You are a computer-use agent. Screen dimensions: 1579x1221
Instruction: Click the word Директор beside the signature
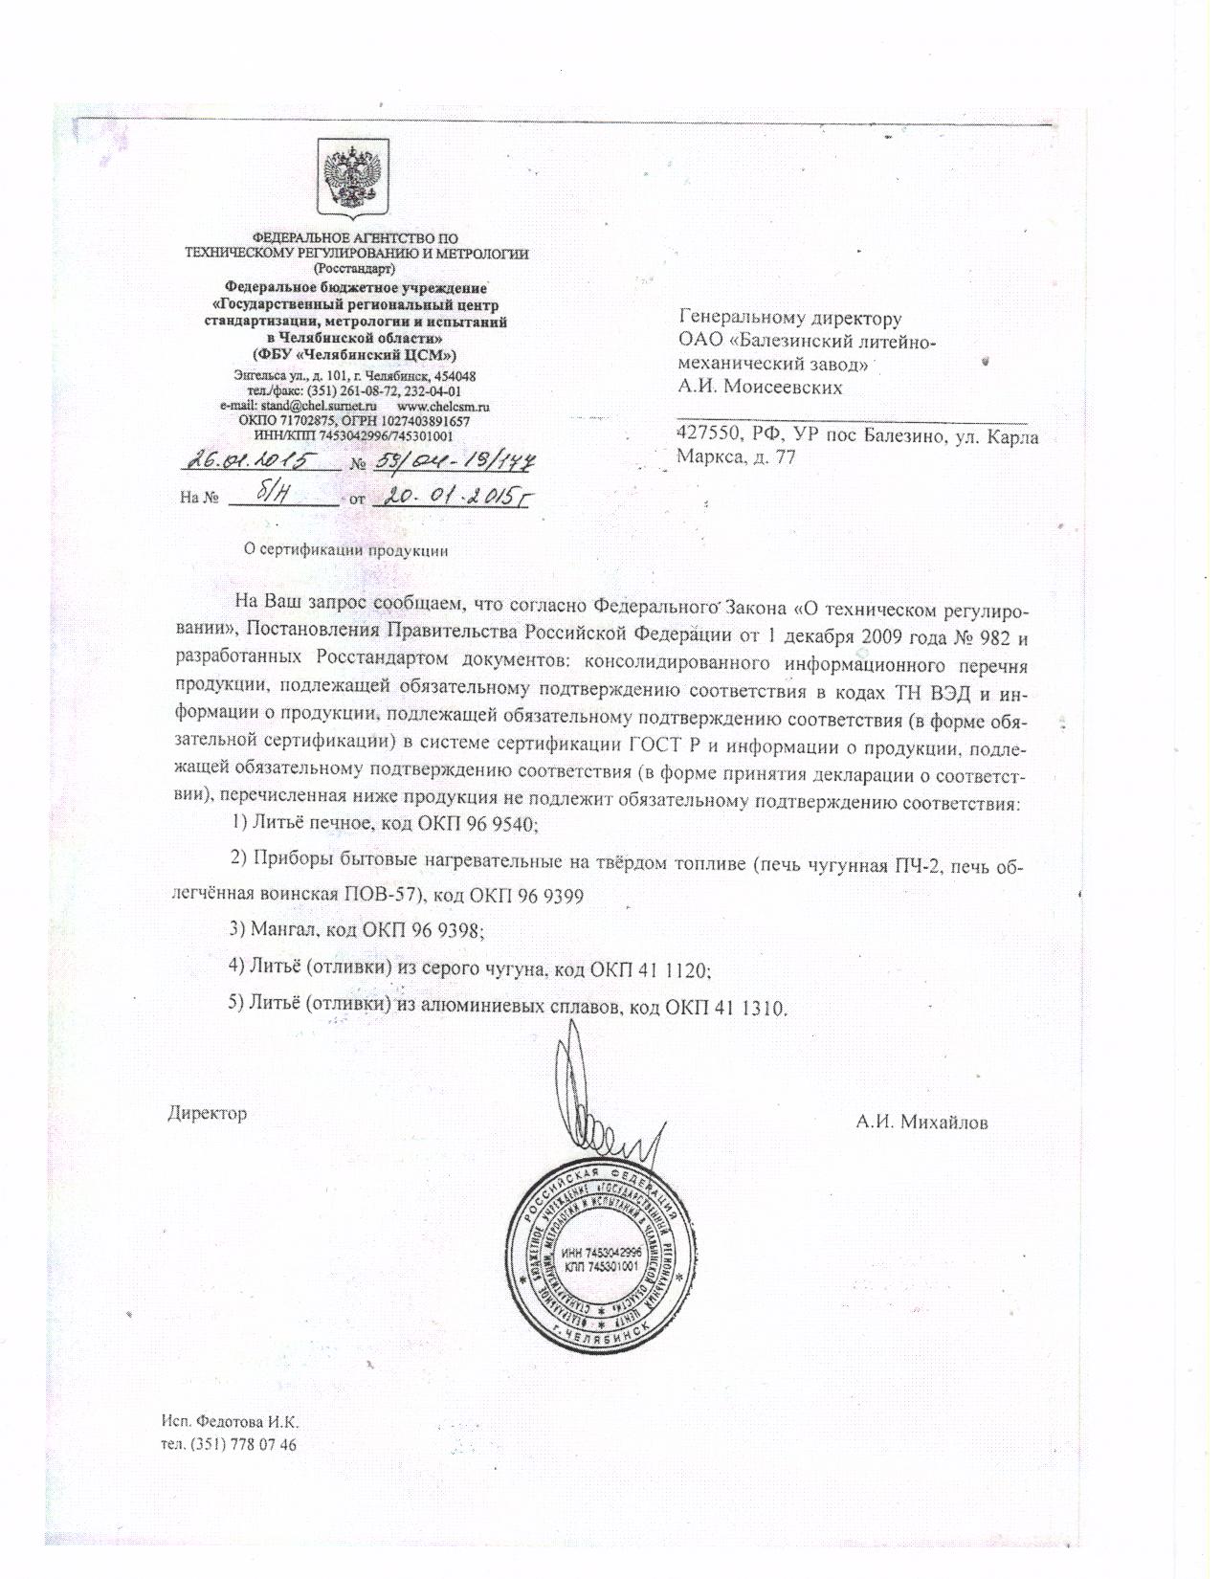[x=208, y=1113]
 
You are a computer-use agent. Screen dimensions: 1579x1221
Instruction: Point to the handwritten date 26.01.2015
[x=251, y=462]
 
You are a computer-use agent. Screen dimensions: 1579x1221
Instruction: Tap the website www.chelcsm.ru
[x=450, y=407]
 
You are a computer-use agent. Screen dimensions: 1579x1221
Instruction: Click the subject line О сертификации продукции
[x=346, y=550]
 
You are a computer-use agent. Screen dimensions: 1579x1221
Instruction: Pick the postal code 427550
[x=707, y=437]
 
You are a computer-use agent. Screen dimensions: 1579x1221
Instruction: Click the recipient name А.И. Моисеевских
[x=760, y=388]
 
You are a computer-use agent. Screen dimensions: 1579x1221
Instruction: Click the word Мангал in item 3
[x=286, y=929]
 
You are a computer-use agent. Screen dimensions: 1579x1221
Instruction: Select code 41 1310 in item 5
[x=749, y=1008]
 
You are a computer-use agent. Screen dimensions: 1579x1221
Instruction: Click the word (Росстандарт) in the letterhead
[x=355, y=269]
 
